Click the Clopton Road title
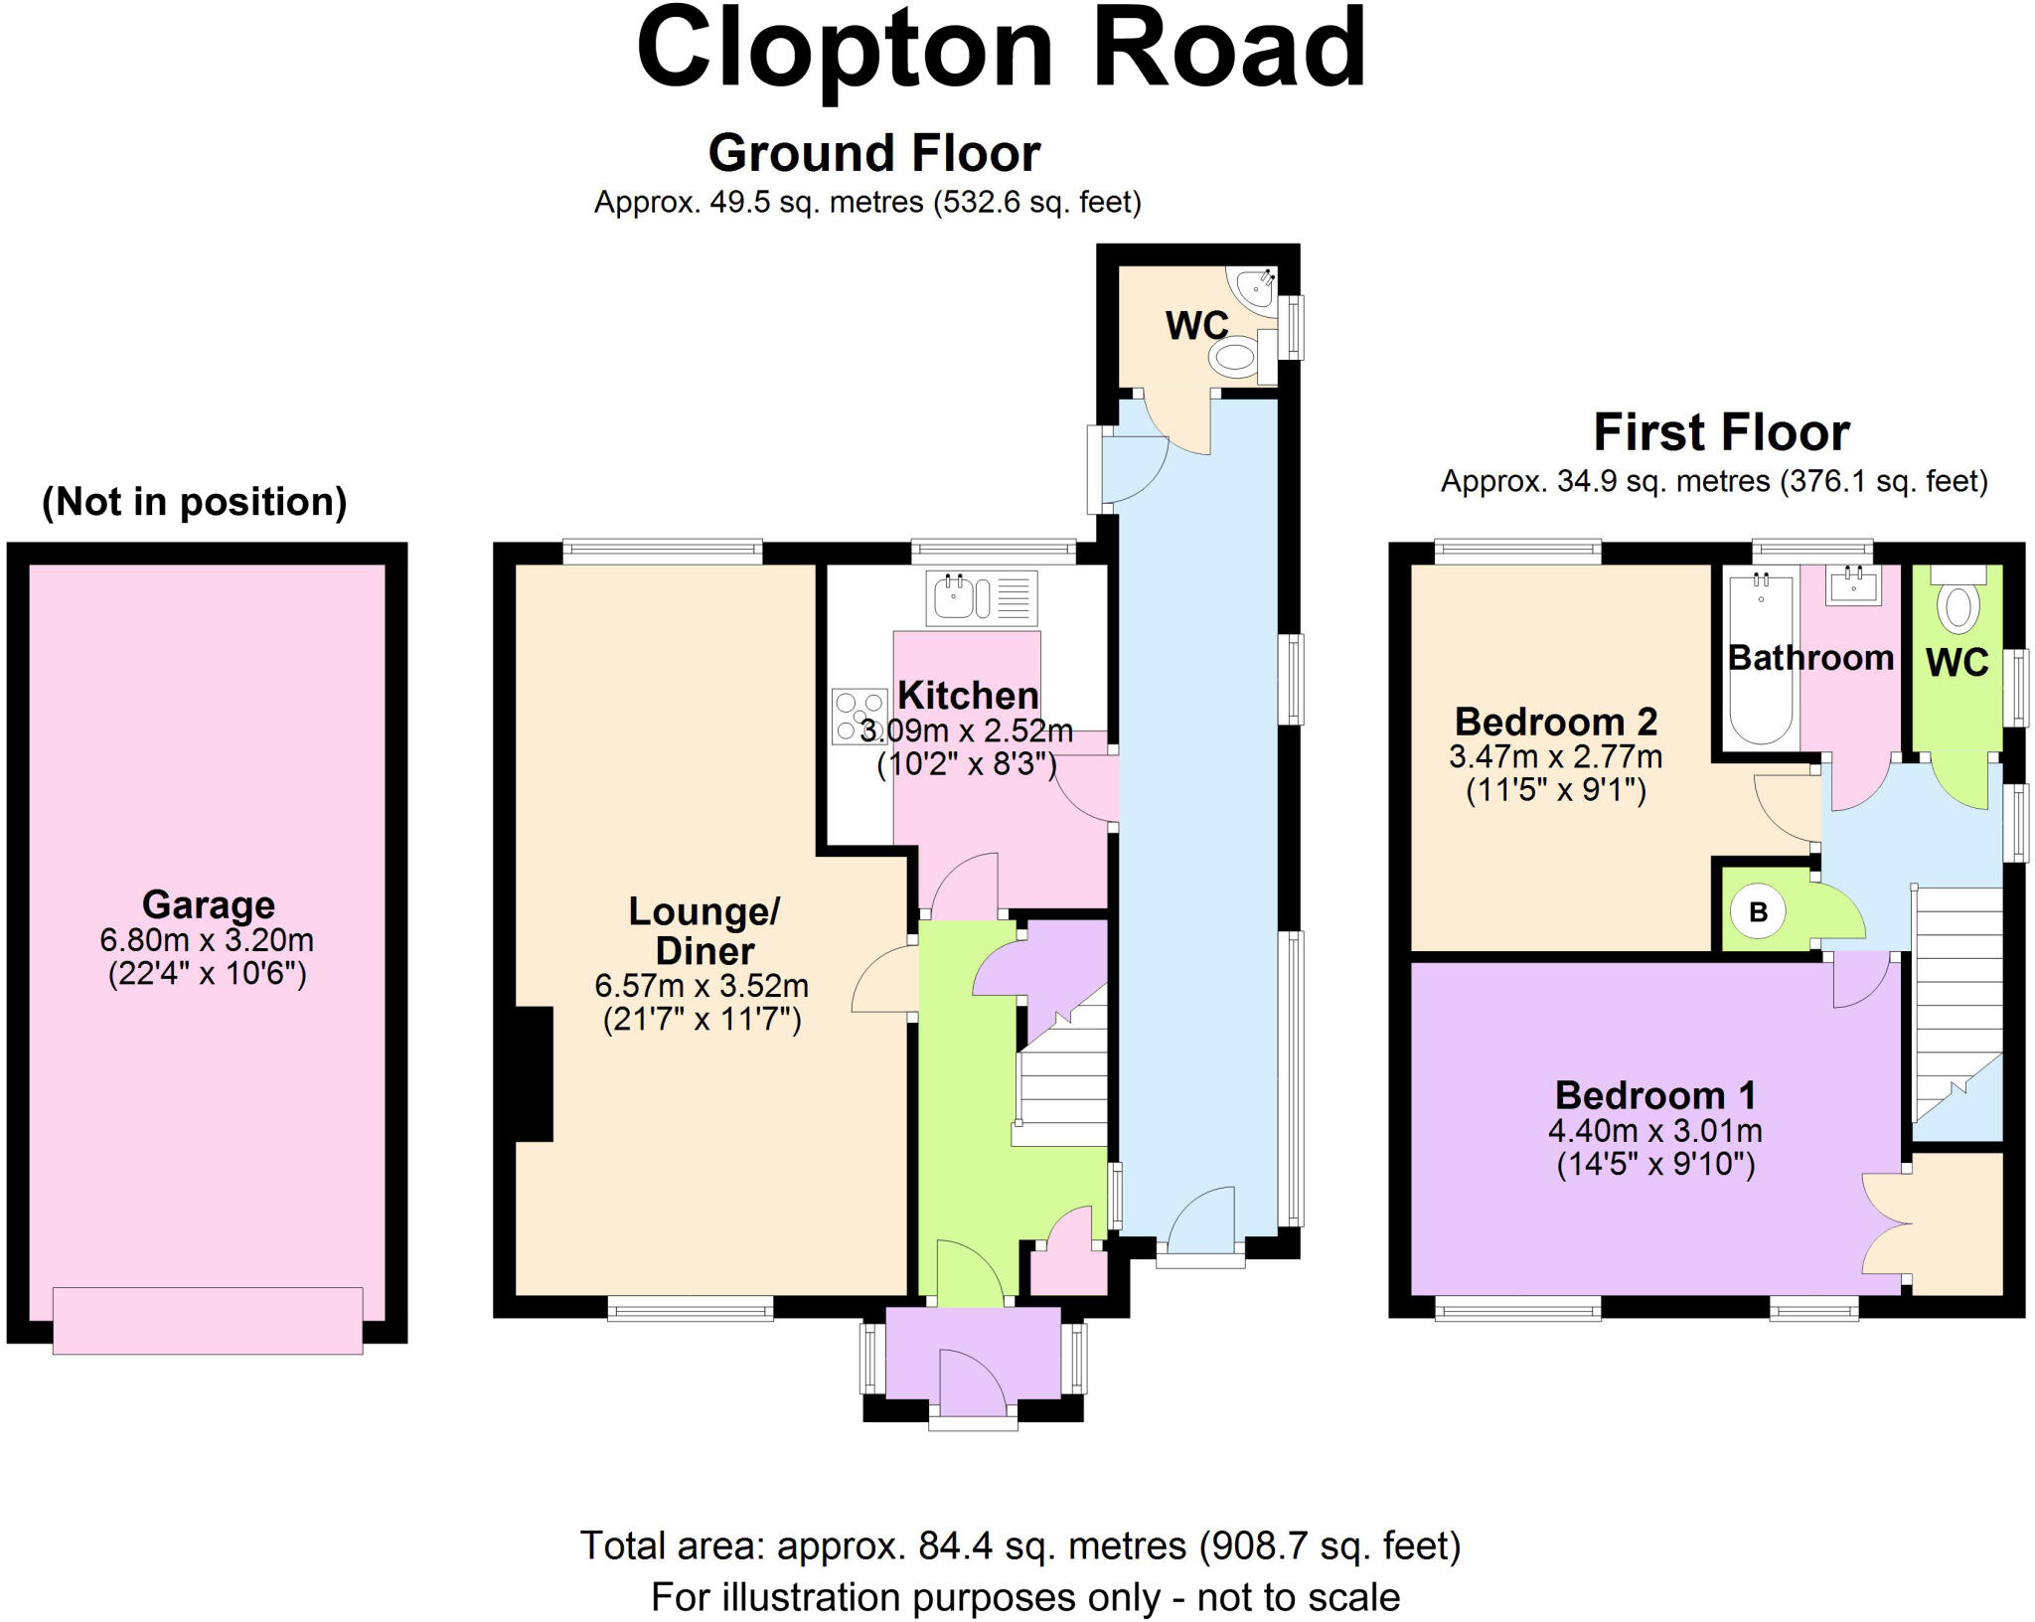(1001, 50)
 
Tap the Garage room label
(208, 904)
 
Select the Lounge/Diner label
(704, 930)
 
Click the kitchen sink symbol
(981, 598)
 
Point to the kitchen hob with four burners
(860, 717)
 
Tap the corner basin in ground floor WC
(1254, 286)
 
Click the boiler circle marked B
(1758, 911)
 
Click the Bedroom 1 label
(1655, 1095)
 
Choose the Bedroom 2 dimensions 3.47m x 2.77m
(1556, 756)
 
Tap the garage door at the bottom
(208, 1320)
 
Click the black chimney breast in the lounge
(534, 1073)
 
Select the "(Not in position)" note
(195, 502)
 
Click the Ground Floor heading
(874, 153)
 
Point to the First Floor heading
(1722, 432)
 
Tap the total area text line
(1020, 1545)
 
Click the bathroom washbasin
(1853, 585)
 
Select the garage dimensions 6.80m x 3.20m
(207, 939)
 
